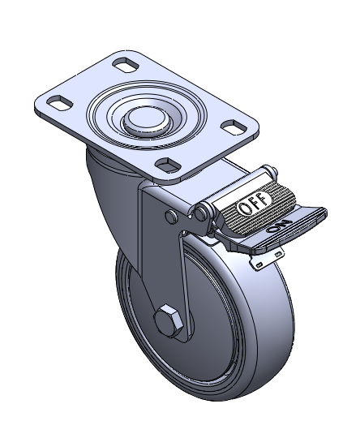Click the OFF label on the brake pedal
pyautogui.click(x=254, y=204)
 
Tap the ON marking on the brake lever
pyautogui.click(x=279, y=226)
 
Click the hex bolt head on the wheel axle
pyautogui.click(x=168, y=320)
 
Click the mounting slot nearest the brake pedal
pyautogui.click(x=234, y=127)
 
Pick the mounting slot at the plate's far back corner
pyautogui.click(x=126, y=64)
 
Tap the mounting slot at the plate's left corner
pyautogui.click(x=59, y=103)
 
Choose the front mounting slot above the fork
pyautogui.click(x=168, y=165)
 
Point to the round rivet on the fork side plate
pyautogui.click(x=172, y=217)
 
